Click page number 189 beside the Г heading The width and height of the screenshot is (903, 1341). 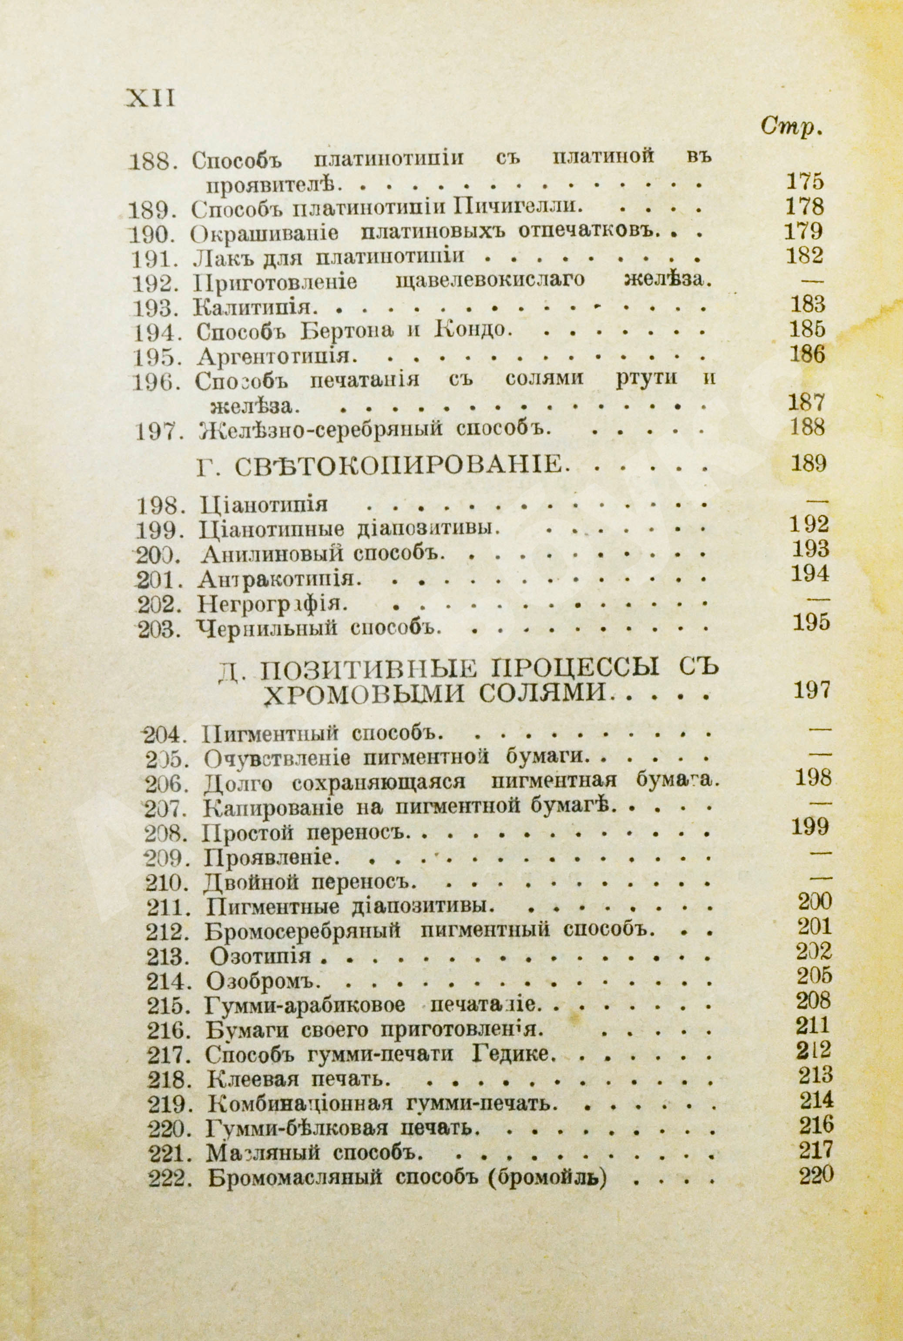(x=809, y=463)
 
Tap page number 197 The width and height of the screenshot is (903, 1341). (x=812, y=690)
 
